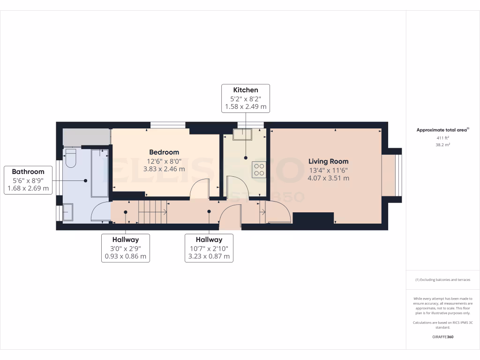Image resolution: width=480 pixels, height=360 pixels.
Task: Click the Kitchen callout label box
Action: coord(246,98)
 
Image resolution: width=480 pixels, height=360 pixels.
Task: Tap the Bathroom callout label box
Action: coord(28,180)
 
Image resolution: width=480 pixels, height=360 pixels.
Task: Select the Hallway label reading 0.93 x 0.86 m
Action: coord(125,248)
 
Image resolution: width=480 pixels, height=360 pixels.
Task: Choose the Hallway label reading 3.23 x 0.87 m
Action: coord(209,248)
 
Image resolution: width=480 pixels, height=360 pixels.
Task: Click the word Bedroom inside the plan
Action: coord(164,152)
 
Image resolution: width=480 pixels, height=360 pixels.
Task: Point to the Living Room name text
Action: coord(328,161)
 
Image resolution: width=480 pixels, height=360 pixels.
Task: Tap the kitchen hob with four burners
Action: coord(259,169)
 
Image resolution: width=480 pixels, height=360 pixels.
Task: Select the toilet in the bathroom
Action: coord(71,158)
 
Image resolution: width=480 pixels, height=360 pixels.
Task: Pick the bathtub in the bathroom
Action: coord(99,172)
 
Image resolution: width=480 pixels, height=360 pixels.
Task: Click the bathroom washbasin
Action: coord(67,212)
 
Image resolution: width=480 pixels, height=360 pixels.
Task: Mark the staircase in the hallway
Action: coord(153,212)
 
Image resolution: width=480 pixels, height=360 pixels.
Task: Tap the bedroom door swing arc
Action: coord(199,189)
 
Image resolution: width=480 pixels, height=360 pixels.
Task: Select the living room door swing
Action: coord(277,211)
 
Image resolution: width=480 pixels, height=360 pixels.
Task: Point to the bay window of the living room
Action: coord(392,175)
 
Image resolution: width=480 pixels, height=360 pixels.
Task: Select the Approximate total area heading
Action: coord(442,130)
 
